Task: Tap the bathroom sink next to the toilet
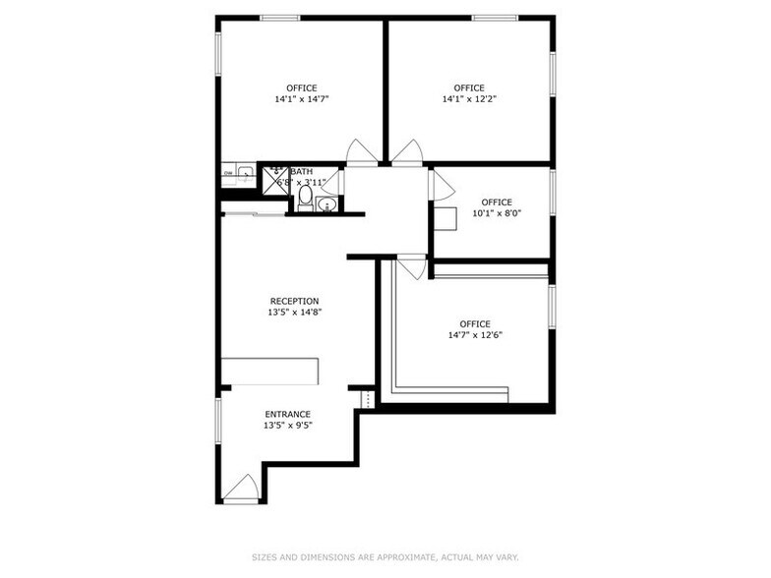(x=327, y=204)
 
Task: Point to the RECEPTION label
(x=295, y=301)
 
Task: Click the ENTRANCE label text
(x=287, y=414)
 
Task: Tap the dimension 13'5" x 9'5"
(x=287, y=426)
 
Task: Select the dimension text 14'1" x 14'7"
(x=302, y=99)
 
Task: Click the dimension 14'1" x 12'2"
(x=469, y=99)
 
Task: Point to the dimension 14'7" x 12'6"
(x=475, y=335)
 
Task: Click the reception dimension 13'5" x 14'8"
(x=295, y=313)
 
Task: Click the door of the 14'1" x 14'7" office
(x=361, y=152)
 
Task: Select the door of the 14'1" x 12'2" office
(x=407, y=152)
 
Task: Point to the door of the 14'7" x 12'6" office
(x=411, y=267)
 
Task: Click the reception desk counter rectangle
(x=270, y=371)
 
